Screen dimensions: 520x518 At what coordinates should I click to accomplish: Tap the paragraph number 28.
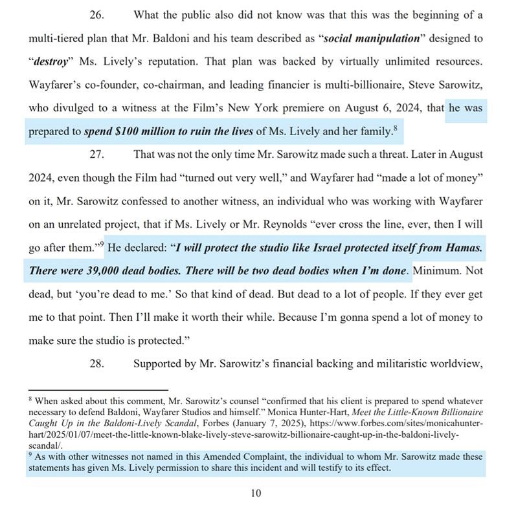pyautogui.click(x=97, y=363)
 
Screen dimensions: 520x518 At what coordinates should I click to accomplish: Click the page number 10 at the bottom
pyautogui.click(x=256, y=493)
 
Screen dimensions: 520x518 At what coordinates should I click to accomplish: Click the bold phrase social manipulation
pyautogui.click(x=372, y=38)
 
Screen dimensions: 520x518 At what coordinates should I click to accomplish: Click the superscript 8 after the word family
pyautogui.click(x=394, y=128)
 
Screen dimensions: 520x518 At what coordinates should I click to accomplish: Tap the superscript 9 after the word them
pyautogui.click(x=100, y=244)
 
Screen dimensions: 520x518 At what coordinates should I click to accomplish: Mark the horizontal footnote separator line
pyautogui.click(x=97, y=390)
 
